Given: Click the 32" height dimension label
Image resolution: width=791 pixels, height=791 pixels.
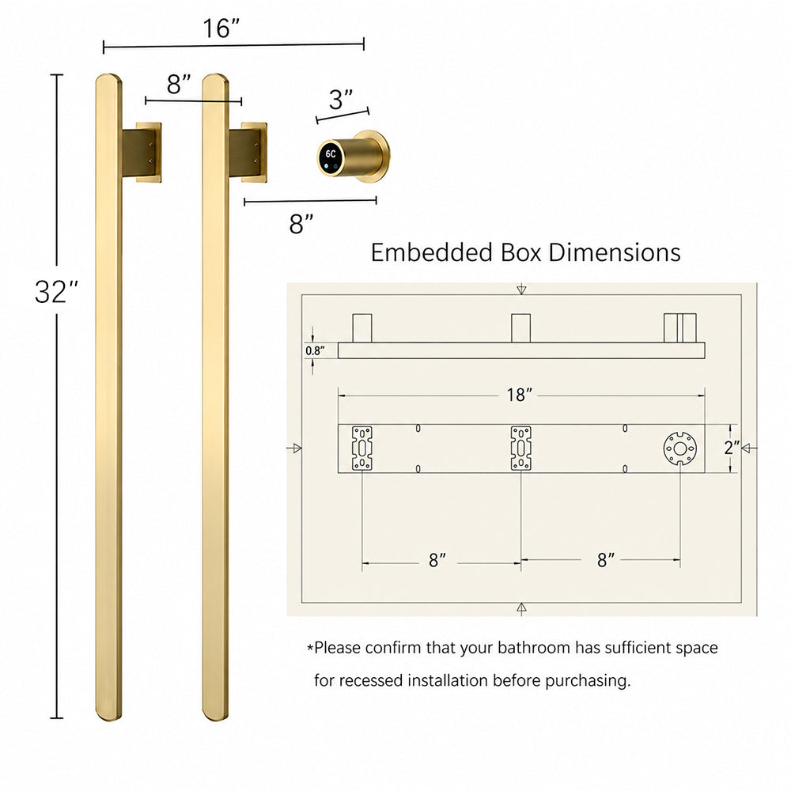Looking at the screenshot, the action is click(56, 292).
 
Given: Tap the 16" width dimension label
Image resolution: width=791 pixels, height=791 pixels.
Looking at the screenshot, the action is click(221, 28).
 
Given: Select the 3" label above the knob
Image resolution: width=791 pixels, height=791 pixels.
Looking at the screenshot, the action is click(341, 100).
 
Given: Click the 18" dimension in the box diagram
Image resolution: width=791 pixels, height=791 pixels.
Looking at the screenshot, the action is click(520, 395).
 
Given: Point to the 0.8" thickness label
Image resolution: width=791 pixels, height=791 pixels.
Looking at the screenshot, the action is click(315, 350).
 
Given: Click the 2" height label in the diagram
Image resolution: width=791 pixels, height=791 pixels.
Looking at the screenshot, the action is click(732, 448).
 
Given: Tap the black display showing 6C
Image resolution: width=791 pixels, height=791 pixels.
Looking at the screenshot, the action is click(331, 157).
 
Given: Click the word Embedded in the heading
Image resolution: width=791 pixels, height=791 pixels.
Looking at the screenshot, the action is click(431, 252).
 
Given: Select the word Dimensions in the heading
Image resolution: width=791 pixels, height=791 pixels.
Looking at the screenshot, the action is click(615, 252).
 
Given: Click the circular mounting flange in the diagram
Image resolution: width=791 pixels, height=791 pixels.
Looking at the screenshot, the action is click(680, 448).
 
